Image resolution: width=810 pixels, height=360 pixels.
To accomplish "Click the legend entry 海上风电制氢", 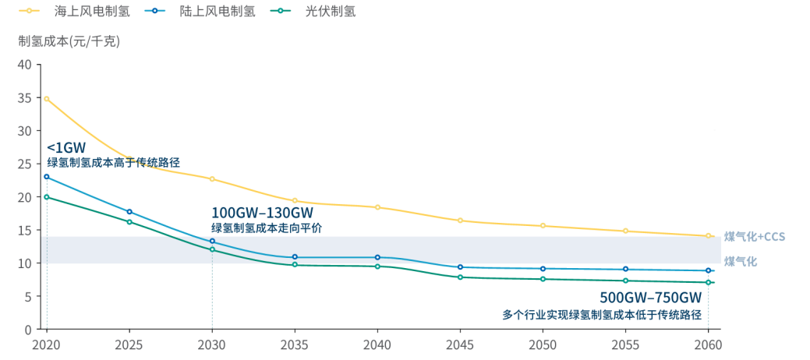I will (97, 11).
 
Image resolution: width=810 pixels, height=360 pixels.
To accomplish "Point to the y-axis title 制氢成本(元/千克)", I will (69, 41).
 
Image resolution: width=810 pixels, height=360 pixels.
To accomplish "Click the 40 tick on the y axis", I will (24, 65).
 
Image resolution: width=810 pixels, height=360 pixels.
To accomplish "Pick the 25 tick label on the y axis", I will (24, 164).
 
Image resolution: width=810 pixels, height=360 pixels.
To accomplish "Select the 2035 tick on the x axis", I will (295, 344).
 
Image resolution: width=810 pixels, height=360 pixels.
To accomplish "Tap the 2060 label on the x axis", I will (708, 344).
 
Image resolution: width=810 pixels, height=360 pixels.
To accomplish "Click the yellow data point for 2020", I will (47, 99).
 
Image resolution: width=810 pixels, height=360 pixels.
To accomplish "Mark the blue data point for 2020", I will (47, 177).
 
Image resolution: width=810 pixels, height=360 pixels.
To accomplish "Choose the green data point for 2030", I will (212, 249).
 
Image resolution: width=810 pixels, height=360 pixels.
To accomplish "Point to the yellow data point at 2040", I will (377, 207).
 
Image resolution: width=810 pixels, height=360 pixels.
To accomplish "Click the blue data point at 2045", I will (460, 267).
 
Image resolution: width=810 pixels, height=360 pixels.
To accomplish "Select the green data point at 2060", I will (708, 282).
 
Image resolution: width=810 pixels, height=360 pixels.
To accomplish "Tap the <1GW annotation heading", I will (66, 147).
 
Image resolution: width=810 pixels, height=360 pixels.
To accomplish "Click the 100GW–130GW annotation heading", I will (262, 213).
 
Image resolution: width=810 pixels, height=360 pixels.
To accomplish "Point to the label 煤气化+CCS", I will (753, 236).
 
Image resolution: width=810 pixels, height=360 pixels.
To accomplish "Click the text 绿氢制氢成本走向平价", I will (266, 228).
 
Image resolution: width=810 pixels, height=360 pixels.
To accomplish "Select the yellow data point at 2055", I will (625, 231).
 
